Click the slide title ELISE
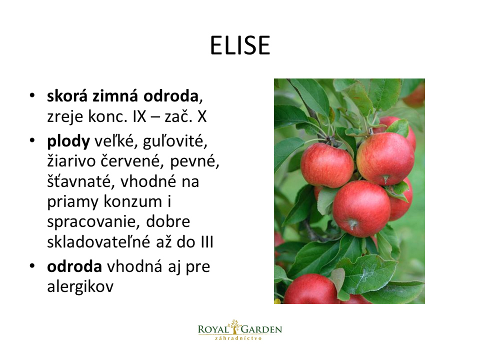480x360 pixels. pyautogui.click(x=240, y=45)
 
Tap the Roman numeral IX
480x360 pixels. pyautogui.click(x=139, y=116)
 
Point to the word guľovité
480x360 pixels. pyautogui.click(x=175, y=141)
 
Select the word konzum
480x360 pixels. pyautogui.click(x=133, y=201)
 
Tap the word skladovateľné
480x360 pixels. pyautogui.click(x=98, y=242)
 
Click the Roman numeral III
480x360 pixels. pyautogui.click(x=207, y=242)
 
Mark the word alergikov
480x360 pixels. pyautogui.click(x=80, y=287)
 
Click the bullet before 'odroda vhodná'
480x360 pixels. pyautogui.click(x=32, y=265)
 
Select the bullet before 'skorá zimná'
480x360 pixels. pyautogui.click(x=32, y=95)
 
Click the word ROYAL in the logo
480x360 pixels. pyautogui.click(x=213, y=329)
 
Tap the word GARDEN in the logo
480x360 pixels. pyautogui.click(x=261, y=329)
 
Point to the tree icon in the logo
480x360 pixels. pyautogui.click(x=235, y=326)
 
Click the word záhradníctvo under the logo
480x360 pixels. pyautogui.click(x=238, y=338)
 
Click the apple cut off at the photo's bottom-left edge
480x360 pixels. pyautogui.click(x=310, y=289)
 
